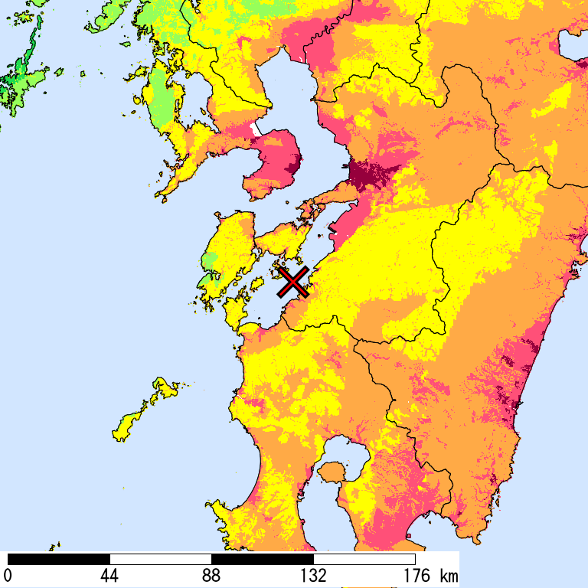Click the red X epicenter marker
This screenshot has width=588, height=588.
click(293, 283)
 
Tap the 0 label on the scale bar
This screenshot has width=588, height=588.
click(8, 575)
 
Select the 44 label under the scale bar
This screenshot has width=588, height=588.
click(109, 575)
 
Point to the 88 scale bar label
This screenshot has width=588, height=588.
click(211, 575)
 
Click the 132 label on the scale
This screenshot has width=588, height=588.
click(313, 575)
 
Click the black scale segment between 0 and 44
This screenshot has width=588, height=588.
click(59, 559)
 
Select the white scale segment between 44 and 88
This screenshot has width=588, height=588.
click(161, 559)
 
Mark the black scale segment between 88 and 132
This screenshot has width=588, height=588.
click(263, 559)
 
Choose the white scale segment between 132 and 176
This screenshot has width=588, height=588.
click(364, 559)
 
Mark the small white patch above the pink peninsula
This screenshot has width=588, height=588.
click(253, 128)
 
